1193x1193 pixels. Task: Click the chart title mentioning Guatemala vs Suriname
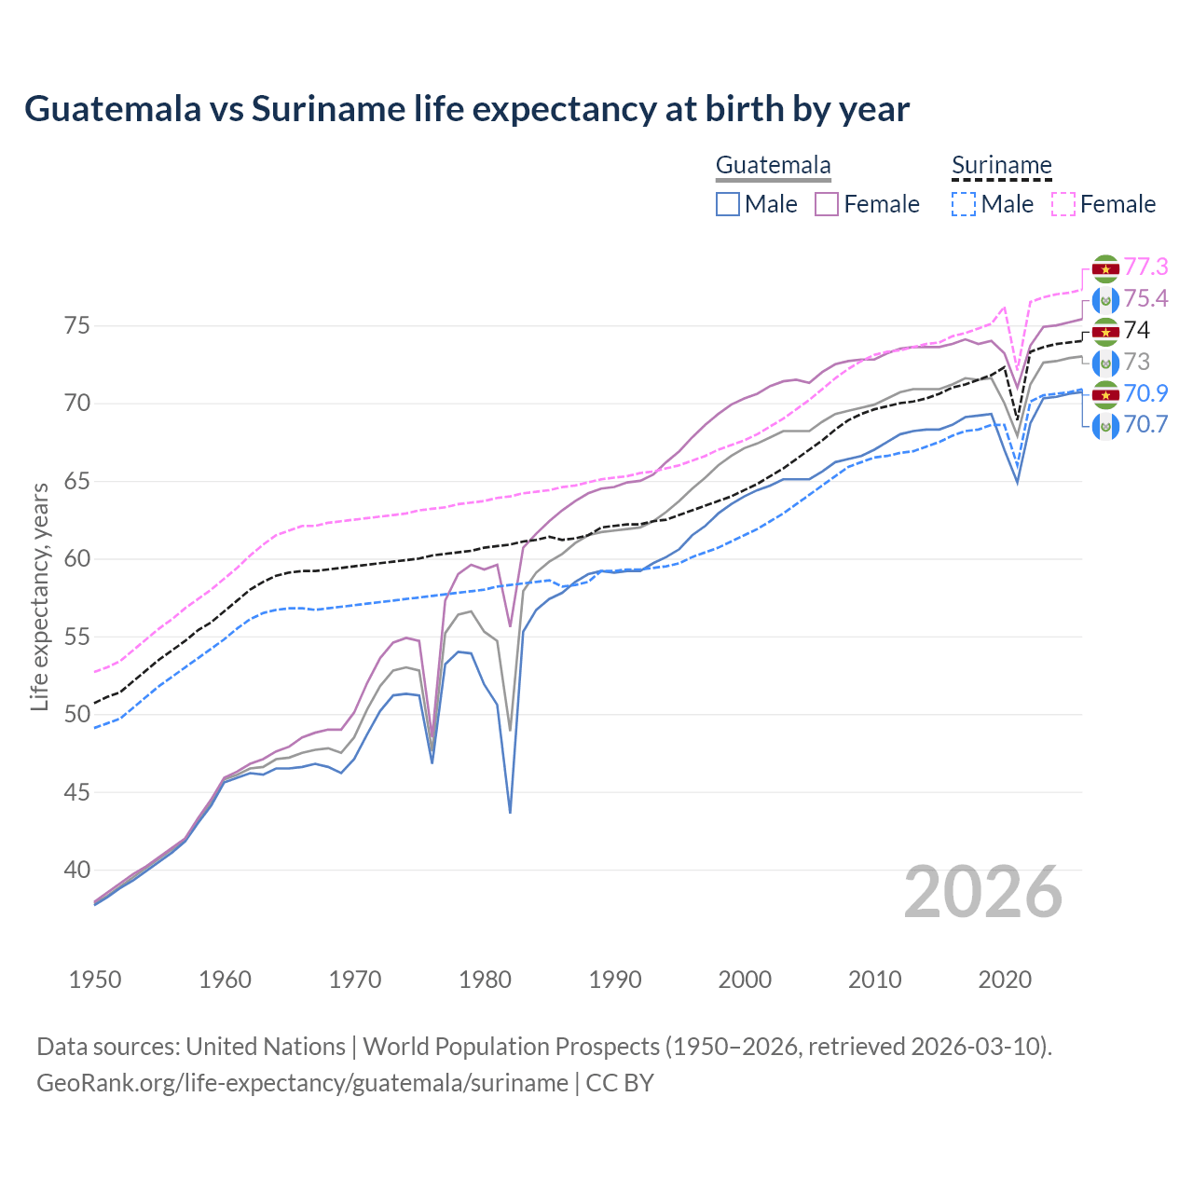pyautogui.click(x=467, y=109)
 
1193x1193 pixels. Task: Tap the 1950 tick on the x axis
pyautogui.click(x=95, y=980)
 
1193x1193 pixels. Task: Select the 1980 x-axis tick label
pyautogui.click(x=485, y=980)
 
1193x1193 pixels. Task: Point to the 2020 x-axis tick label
pyautogui.click(x=1005, y=980)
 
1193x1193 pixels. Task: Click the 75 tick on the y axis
pyautogui.click(x=76, y=326)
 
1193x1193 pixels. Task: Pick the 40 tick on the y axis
pyautogui.click(x=76, y=871)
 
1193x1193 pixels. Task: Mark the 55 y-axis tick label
pyautogui.click(x=76, y=638)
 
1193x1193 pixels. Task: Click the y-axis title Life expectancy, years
pyautogui.click(x=39, y=596)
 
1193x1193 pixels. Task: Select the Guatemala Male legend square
pyautogui.click(x=728, y=204)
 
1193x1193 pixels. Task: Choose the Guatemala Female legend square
pyautogui.click(x=827, y=204)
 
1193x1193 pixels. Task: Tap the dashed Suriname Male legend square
pyautogui.click(x=964, y=204)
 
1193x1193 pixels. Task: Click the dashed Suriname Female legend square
pyautogui.click(x=1063, y=204)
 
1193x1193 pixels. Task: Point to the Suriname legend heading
pyautogui.click(x=1001, y=166)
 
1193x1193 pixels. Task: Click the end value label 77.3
pyautogui.click(x=1145, y=267)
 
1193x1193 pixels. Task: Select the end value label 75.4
pyautogui.click(x=1145, y=299)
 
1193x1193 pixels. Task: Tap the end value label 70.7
pyautogui.click(x=1145, y=425)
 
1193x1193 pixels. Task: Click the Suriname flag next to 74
pyautogui.click(x=1105, y=331)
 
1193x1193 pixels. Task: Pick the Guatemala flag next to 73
pyautogui.click(x=1105, y=363)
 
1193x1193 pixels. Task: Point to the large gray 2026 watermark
pyautogui.click(x=983, y=892)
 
